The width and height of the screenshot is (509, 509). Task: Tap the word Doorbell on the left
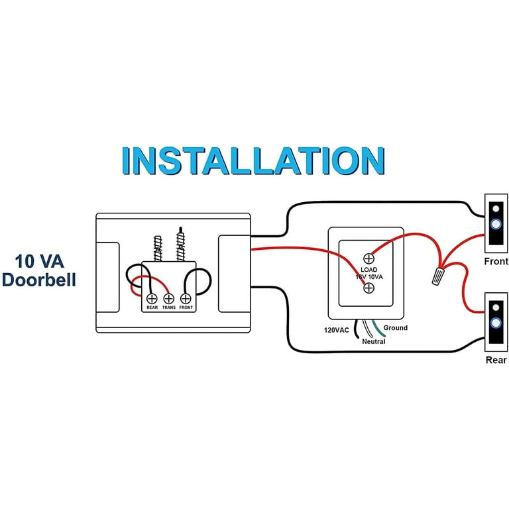[x=38, y=280]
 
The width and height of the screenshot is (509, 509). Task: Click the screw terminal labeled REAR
[x=151, y=299]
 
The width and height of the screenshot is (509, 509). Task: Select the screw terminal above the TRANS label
[x=168, y=299]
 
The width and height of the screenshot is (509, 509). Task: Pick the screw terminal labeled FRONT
[x=186, y=299]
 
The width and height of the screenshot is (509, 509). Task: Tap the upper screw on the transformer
[x=369, y=258]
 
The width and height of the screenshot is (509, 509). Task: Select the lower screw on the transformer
[x=369, y=288]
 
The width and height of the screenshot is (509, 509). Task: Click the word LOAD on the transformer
[x=369, y=270]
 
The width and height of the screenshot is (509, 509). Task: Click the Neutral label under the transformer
[x=373, y=341]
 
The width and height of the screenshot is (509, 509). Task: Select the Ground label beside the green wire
[x=395, y=328]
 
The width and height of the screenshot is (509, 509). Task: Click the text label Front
[x=496, y=262]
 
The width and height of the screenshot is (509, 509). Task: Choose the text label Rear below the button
[x=496, y=360]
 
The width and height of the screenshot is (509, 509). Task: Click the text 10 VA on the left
[x=38, y=258]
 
